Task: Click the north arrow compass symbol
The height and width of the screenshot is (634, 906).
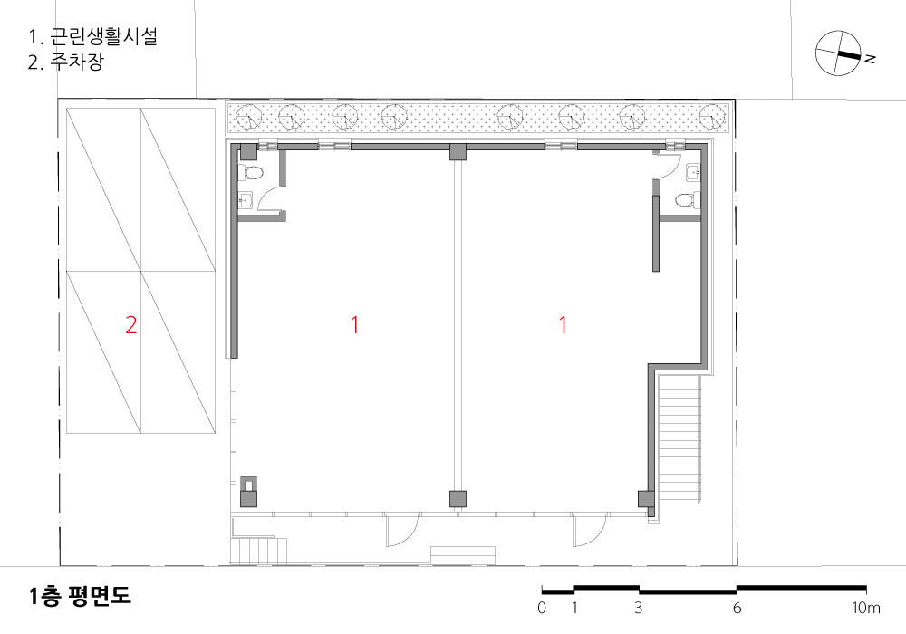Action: [x=838, y=53]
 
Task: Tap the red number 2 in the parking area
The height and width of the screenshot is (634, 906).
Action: [x=131, y=325]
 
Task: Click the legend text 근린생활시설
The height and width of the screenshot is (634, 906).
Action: [x=103, y=36]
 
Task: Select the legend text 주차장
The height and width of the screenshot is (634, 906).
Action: [x=77, y=62]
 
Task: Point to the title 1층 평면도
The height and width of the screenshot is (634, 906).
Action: [x=80, y=597]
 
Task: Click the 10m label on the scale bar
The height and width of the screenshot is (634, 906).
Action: [x=865, y=608]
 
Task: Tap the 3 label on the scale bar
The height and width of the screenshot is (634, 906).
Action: [x=639, y=608]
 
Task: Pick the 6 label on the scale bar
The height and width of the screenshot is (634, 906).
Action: [x=737, y=608]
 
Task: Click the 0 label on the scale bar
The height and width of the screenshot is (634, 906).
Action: [x=542, y=608]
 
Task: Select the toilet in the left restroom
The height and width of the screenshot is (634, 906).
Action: [x=252, y=172]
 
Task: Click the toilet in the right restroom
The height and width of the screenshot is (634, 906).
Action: [x=688, y=200]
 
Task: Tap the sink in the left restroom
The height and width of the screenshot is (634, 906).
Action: [x=246, y=200]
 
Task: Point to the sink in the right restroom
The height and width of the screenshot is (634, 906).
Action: [x=693, y=171]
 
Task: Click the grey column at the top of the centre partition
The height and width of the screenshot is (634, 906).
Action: [x=458, y=152]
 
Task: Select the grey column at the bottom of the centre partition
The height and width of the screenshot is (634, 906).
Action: [x=458, y=499]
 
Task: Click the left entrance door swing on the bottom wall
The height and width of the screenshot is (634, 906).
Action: [x=402, y=531]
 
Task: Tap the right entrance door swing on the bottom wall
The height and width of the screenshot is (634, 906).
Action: [x=590, y=531]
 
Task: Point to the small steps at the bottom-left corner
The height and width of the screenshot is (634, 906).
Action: [x=259, y=551]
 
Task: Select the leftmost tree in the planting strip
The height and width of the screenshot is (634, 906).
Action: [x=249, y=116]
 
